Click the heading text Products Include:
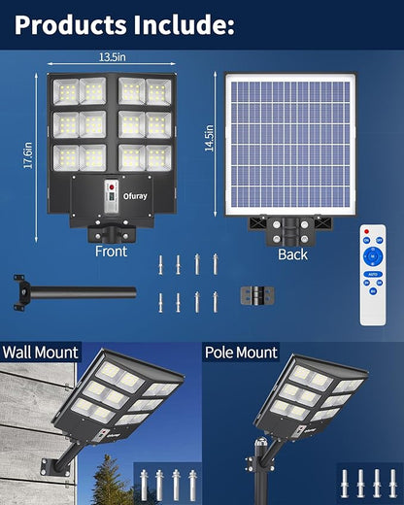pos(124,25)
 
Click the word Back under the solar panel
pos(292,254)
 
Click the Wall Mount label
pos(41,353)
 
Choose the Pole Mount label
pos(241,353)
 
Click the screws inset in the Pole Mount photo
pos(366,480)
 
